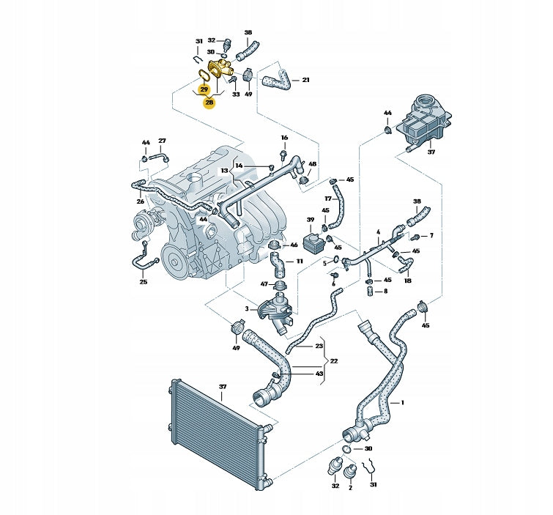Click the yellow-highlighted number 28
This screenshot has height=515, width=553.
(209, 103)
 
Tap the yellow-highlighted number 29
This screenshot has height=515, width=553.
(204, 89)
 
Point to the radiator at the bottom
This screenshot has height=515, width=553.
(219, 433)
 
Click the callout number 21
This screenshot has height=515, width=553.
(305, 80)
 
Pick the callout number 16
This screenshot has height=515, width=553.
(284, 138)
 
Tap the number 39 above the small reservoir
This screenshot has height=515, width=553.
(311, 220)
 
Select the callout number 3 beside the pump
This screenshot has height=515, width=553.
(247, 308)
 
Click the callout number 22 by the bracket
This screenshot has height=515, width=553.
(334, 361)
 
